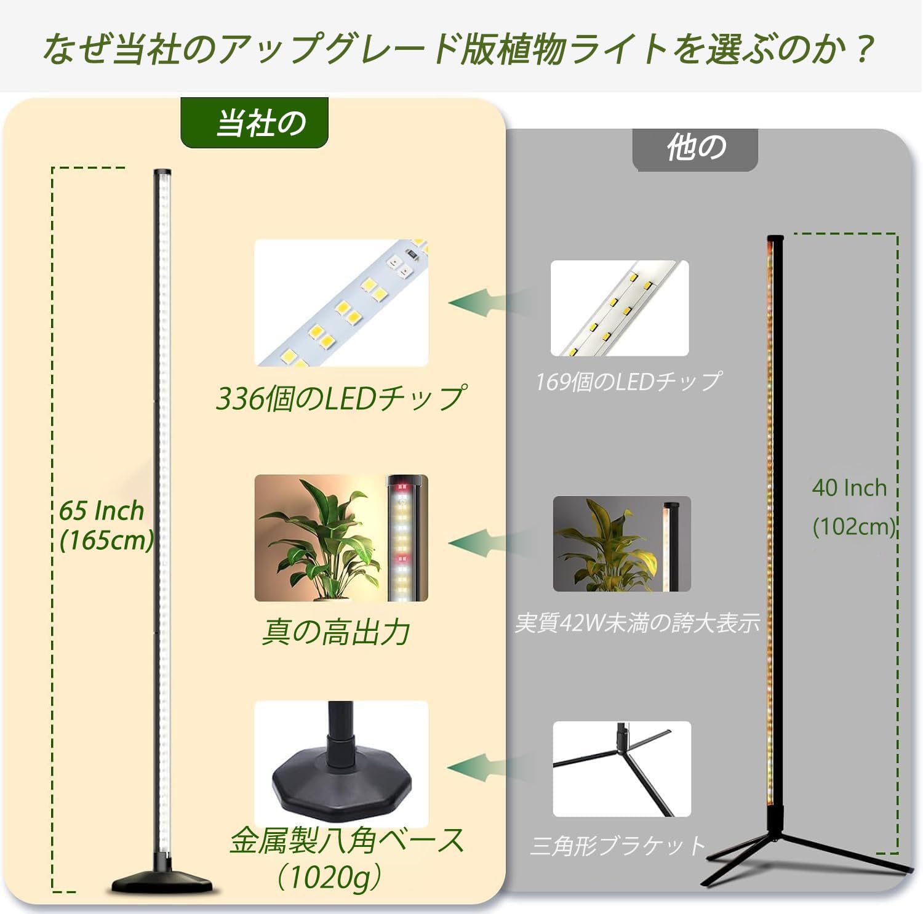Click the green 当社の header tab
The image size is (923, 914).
click(254, 123)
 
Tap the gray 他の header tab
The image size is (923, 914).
click(695, 148)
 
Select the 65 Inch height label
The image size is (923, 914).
click(102, 511)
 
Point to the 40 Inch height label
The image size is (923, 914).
click(849, 488)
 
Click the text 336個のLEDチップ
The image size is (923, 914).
click(340, 399)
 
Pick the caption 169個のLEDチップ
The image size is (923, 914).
click(628, 382)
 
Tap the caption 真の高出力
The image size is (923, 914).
click(335, 632)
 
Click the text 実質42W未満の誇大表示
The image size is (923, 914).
click(637, 623)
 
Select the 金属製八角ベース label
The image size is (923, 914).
click(346, 841)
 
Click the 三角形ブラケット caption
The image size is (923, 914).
click(617, 846)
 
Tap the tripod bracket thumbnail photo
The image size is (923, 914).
click(621, 769)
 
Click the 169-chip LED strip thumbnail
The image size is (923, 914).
click(619, 308)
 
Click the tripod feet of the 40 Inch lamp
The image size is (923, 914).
click(800, 856)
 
